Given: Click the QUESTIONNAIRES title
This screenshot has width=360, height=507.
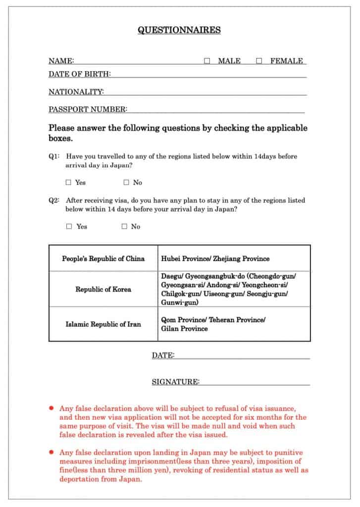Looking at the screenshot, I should [179, 30].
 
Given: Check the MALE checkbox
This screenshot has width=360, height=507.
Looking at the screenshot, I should [207, 61].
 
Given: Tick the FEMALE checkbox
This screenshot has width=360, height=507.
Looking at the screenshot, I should [259, 61].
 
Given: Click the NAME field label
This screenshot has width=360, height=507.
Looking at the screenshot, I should [61, 61].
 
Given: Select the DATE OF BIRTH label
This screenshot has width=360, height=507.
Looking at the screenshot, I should [79, 74].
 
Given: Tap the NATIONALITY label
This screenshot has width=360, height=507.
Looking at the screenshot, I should [76, 92].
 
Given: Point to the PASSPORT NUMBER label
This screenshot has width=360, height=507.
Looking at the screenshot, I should [88, 109].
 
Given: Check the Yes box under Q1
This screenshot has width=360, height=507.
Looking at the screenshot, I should [69, 182].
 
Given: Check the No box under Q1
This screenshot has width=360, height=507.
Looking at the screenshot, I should [126, 182].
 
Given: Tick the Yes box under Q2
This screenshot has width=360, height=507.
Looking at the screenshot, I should [69, 226].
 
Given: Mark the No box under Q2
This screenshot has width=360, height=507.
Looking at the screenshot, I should [124, 226].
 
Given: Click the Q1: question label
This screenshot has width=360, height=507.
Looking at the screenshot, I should [54, 156].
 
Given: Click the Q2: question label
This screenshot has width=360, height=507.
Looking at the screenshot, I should [54, 201].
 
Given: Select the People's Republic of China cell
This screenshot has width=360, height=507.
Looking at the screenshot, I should [103, 258].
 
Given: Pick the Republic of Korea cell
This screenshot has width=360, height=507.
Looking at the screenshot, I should [103, 289].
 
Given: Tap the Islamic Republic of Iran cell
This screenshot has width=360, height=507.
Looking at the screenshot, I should [103, 324].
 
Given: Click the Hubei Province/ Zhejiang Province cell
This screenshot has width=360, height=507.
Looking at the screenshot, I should [215, 258].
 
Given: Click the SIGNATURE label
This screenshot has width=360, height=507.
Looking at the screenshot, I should [175, 381].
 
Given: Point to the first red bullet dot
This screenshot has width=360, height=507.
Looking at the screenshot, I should [51, 408].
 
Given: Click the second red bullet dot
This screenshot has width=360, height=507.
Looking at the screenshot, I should [51, 452].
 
